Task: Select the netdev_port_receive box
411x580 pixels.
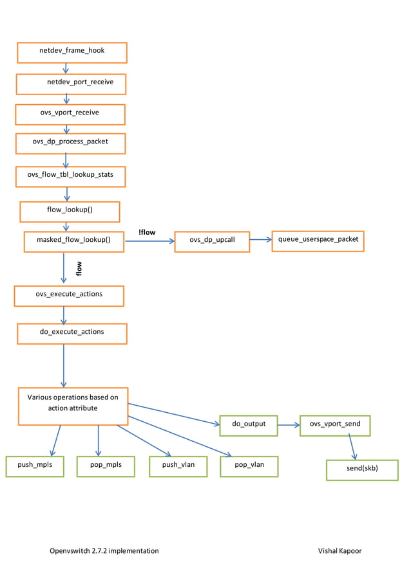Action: (71, 84)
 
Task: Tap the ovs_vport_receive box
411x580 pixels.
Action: (70, 114)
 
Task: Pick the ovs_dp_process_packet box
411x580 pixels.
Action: (70, 143)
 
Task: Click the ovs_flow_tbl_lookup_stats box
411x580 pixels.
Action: (70, 176)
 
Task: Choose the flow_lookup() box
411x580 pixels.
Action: (70, 211)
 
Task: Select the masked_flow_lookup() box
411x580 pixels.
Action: (74, 241)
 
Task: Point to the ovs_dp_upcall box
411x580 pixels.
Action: (212, 242)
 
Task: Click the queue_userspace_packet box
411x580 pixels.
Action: (318, 240)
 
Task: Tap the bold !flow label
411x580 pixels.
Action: (147, 232)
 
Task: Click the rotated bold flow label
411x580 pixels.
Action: (79, 267)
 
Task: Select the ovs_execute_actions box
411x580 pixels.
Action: (69, 296)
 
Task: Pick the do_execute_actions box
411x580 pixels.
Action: (72, 333)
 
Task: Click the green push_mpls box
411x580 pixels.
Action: (35, 466)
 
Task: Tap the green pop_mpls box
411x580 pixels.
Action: (105, 466)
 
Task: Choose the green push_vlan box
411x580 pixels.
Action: (178, 466)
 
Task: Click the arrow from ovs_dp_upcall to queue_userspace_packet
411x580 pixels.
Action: (260, 240)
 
